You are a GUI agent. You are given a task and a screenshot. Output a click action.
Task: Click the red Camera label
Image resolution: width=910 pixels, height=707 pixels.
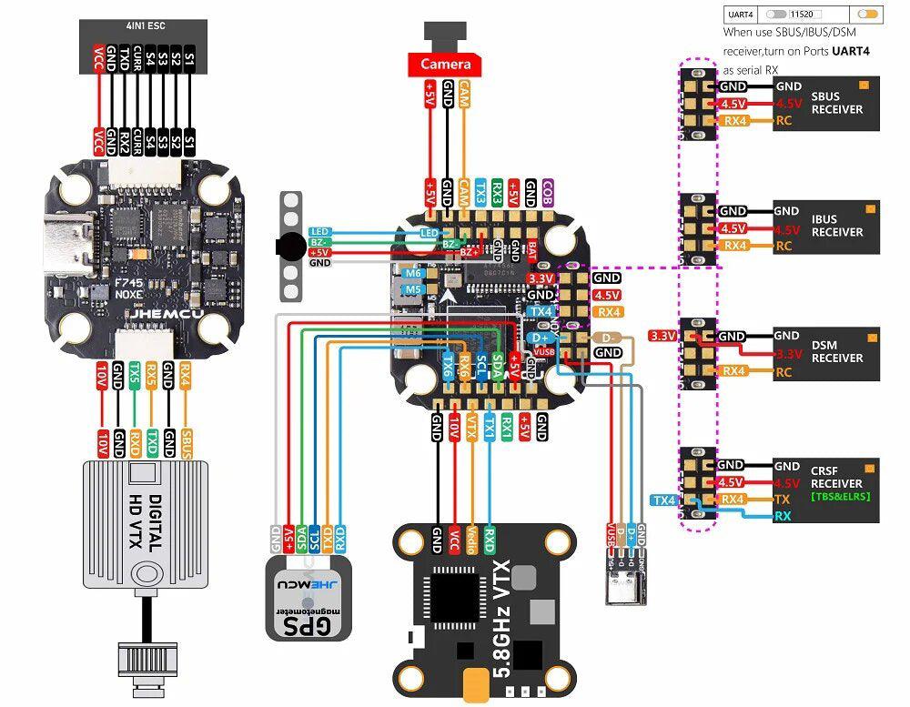pyautogui.click(x=446, y=64)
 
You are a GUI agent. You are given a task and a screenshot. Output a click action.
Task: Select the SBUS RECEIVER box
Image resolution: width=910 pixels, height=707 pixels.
pyautogui.click(x=826, y=104)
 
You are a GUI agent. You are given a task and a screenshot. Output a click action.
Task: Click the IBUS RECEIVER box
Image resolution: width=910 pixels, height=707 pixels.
pyautogui.click(x=826, y=226)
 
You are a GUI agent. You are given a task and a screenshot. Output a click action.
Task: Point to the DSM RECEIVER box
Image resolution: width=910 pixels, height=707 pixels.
pyautogui.click(x=826, y=352)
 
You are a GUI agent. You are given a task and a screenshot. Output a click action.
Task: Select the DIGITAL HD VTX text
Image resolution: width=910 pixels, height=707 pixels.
pyautogui.click(x=147, y=522)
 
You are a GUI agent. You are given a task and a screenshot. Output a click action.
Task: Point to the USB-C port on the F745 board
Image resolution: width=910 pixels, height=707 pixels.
pyautogui.click(x=66, y=245)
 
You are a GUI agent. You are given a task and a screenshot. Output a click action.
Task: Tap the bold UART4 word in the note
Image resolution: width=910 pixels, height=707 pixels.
pyautogui.click(x=851, y=52)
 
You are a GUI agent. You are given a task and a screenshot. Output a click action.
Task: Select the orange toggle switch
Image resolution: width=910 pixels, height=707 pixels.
pyautogui.click(x=869, y=15)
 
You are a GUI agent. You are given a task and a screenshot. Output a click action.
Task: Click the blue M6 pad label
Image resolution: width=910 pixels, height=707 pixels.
pyautogui.click(x=413, y=273)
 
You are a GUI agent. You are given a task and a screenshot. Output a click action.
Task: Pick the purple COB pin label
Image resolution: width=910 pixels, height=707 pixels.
pyautogui.click(x=547, y=193)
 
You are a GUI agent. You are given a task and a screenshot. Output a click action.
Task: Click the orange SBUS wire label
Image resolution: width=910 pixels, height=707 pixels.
pyautogui.click(x=187, y=444)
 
